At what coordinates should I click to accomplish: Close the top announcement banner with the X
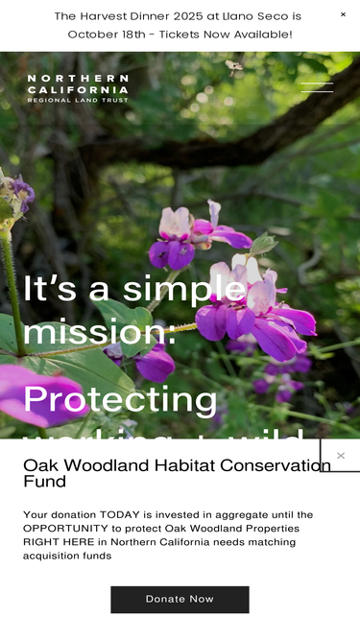[343, 14]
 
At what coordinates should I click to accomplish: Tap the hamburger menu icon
[317, 87]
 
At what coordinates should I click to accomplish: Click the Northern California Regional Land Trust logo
[78, 88]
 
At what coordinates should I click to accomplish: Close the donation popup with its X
[340, 456]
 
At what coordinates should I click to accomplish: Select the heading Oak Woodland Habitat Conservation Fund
[177, 473]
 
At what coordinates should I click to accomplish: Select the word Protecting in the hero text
[120, 399]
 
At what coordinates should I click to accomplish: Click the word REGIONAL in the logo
[46, 100]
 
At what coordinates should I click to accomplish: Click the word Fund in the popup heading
[44, 482]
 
